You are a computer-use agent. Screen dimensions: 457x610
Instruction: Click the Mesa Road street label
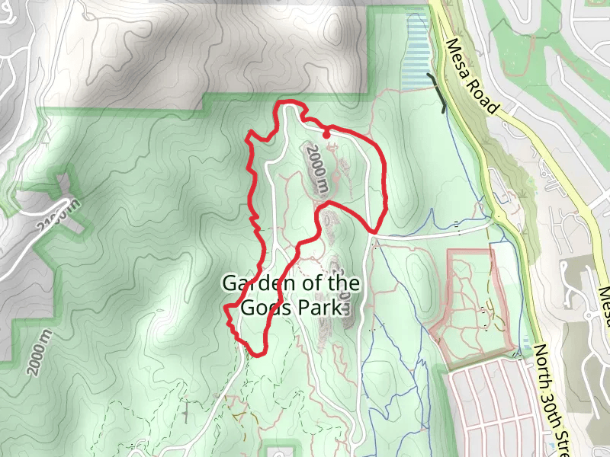(473, 77)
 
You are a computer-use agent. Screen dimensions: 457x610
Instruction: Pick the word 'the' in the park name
(343, 284)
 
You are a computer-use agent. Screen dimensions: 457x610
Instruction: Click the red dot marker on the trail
(326, 135)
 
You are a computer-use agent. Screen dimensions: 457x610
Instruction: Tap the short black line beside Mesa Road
(438, 92)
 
